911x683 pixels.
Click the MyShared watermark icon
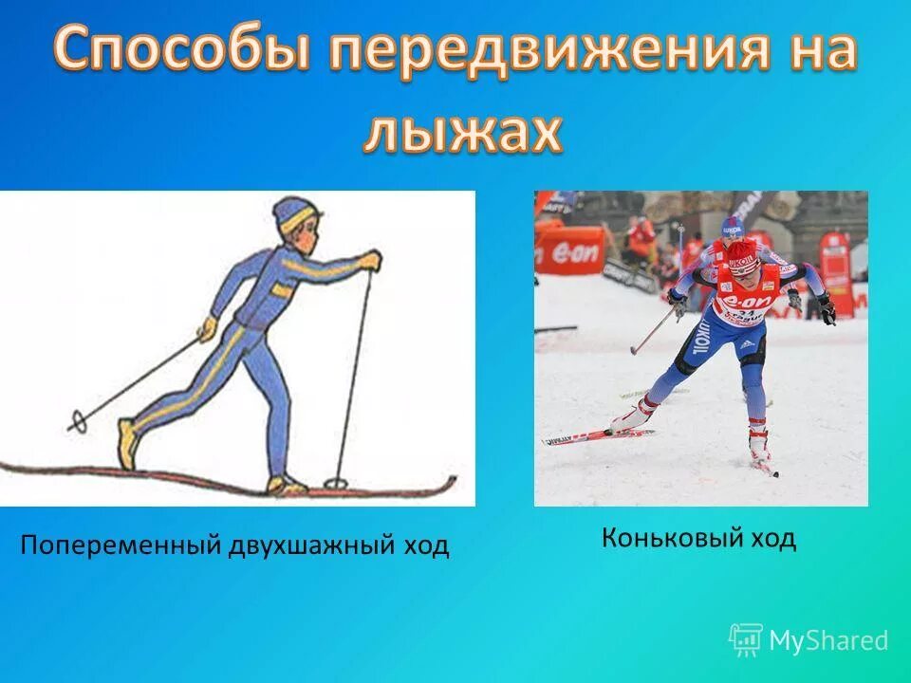tap(746, 639)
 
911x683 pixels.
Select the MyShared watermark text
tap(828, 640)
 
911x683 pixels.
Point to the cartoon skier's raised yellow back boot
tap(126, 441)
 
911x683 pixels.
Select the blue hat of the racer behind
tap(732, 227)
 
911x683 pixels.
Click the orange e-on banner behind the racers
tap(569, 249)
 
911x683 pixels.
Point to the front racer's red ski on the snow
tap(598, 436)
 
